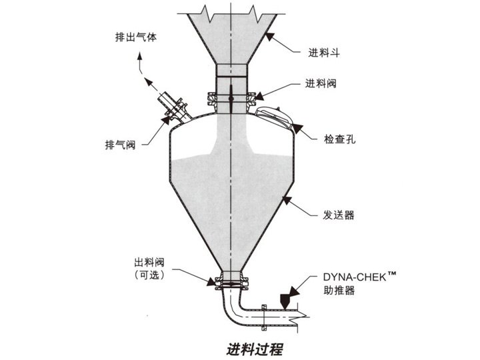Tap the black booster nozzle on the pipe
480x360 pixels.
pyautogui.click(x=285, y=298)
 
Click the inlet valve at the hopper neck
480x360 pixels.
pyautogui.click(x=230, y=99)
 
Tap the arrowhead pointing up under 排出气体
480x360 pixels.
pyautogui.click(x=141, y=59)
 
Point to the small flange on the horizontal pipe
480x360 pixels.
pyautogui.click(x=265, y=317)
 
